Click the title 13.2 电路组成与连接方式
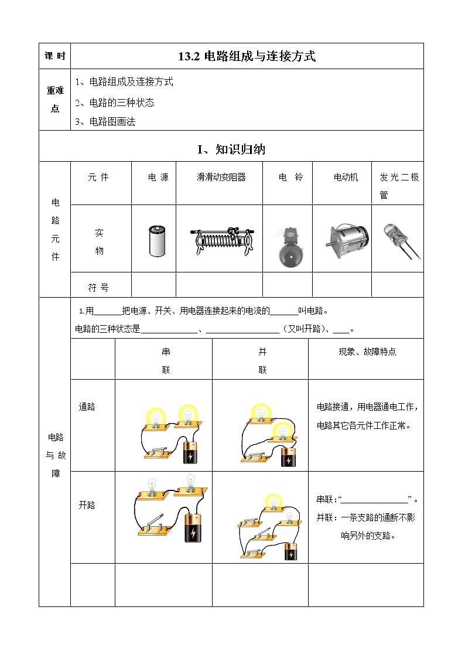click(247, 57)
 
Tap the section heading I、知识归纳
click(231, 149)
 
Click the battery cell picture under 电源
click(155, 241)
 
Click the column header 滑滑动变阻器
click(221, 178)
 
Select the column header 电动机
click(346, 178)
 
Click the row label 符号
click(98, 288)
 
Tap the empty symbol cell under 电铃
click(288, 285)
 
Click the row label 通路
click(87, 407)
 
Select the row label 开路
click(87, 505)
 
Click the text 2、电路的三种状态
click(115, 103)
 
